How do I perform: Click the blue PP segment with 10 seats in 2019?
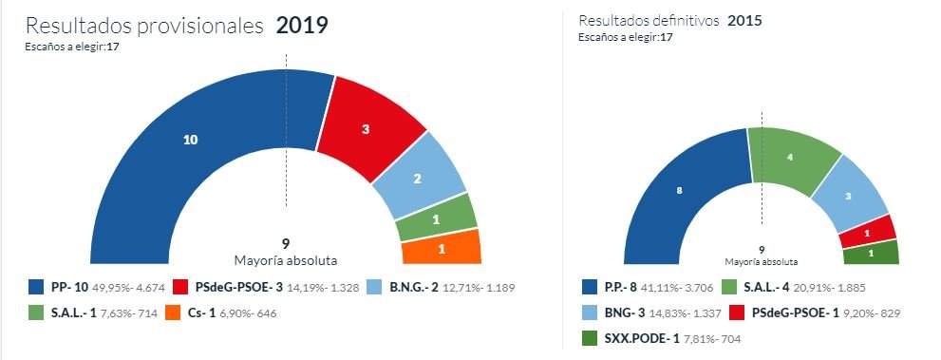point(190,141)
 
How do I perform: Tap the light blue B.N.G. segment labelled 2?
point(418,178)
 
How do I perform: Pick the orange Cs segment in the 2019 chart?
point(441,250)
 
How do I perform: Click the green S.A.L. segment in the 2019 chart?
point(435,218)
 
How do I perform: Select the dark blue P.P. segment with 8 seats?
point(679,191)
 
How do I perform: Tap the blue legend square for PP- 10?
point(36,286)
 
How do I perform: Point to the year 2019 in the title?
point(302,26)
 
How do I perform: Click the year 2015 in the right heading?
point(745,20)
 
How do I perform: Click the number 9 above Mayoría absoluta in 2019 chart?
point(286,242)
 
